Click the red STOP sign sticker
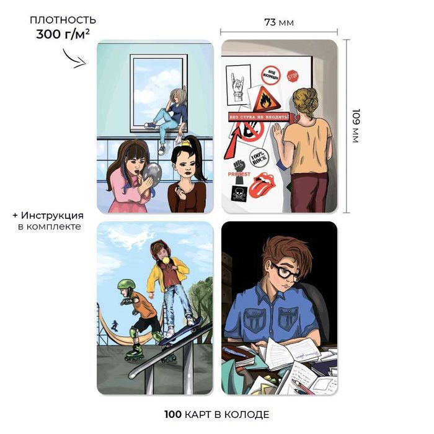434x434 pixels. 293,76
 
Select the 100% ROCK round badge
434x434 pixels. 259,157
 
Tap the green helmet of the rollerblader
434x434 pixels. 126,285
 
